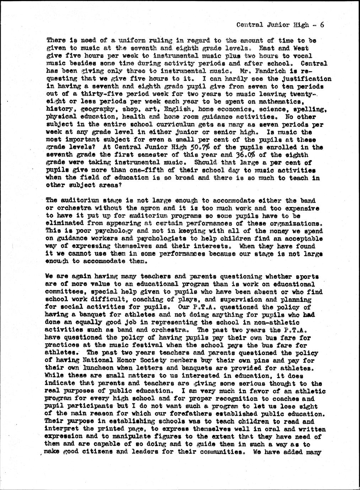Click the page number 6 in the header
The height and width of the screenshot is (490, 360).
pyautogui.click(x=322, y=25)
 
